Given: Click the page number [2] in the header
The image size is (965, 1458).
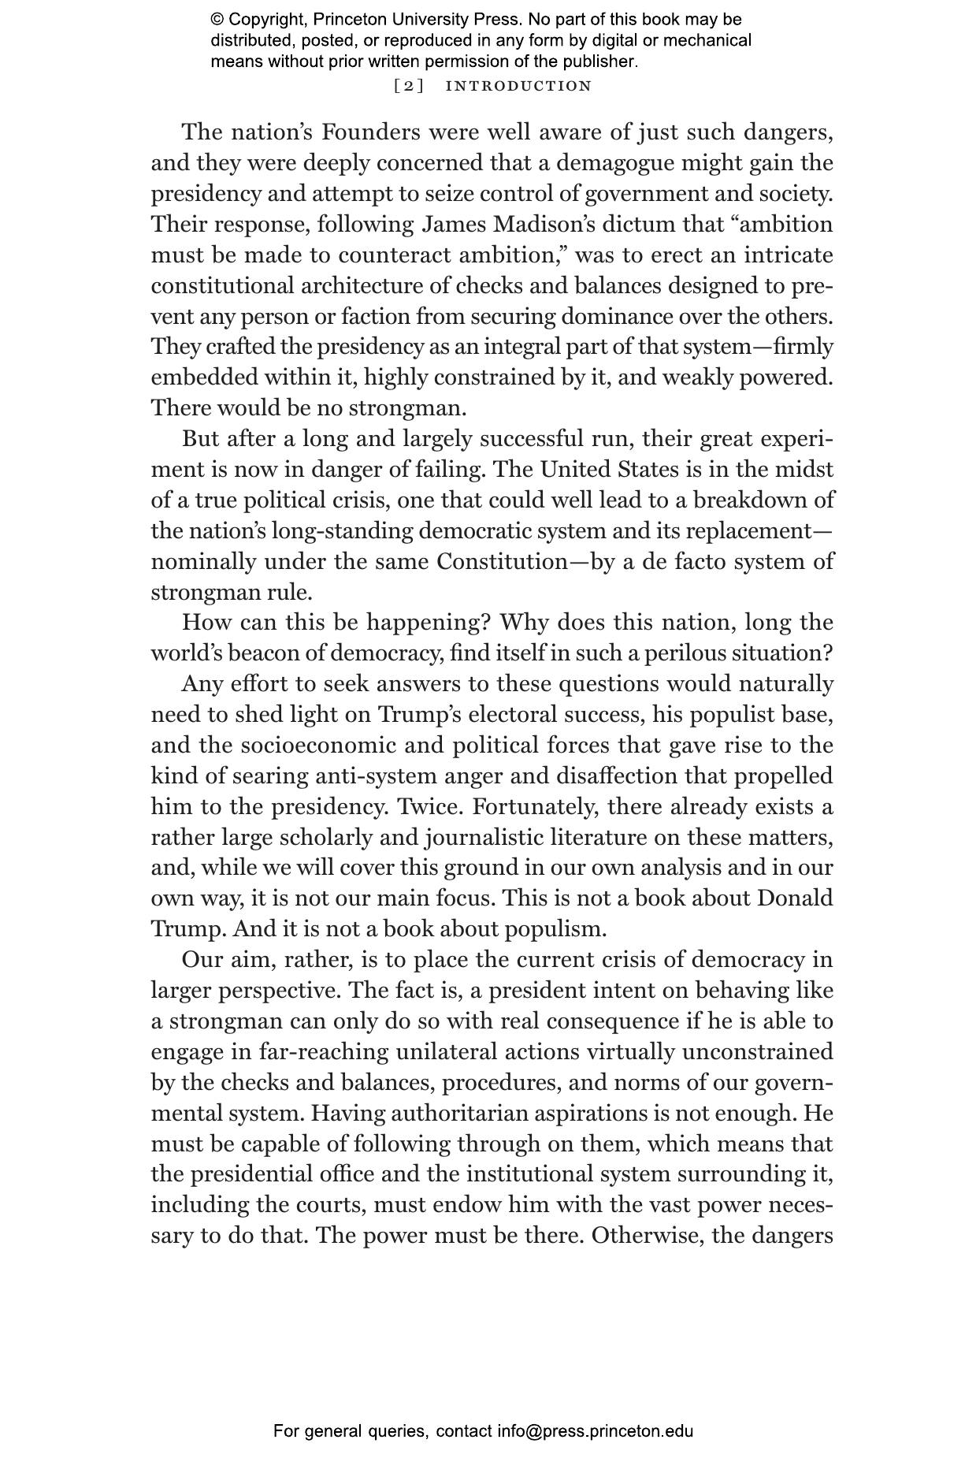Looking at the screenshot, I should pos(408,86).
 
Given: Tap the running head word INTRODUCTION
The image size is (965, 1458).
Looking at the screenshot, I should pos(518,86).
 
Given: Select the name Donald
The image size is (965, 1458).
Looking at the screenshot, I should pos(795,898).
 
